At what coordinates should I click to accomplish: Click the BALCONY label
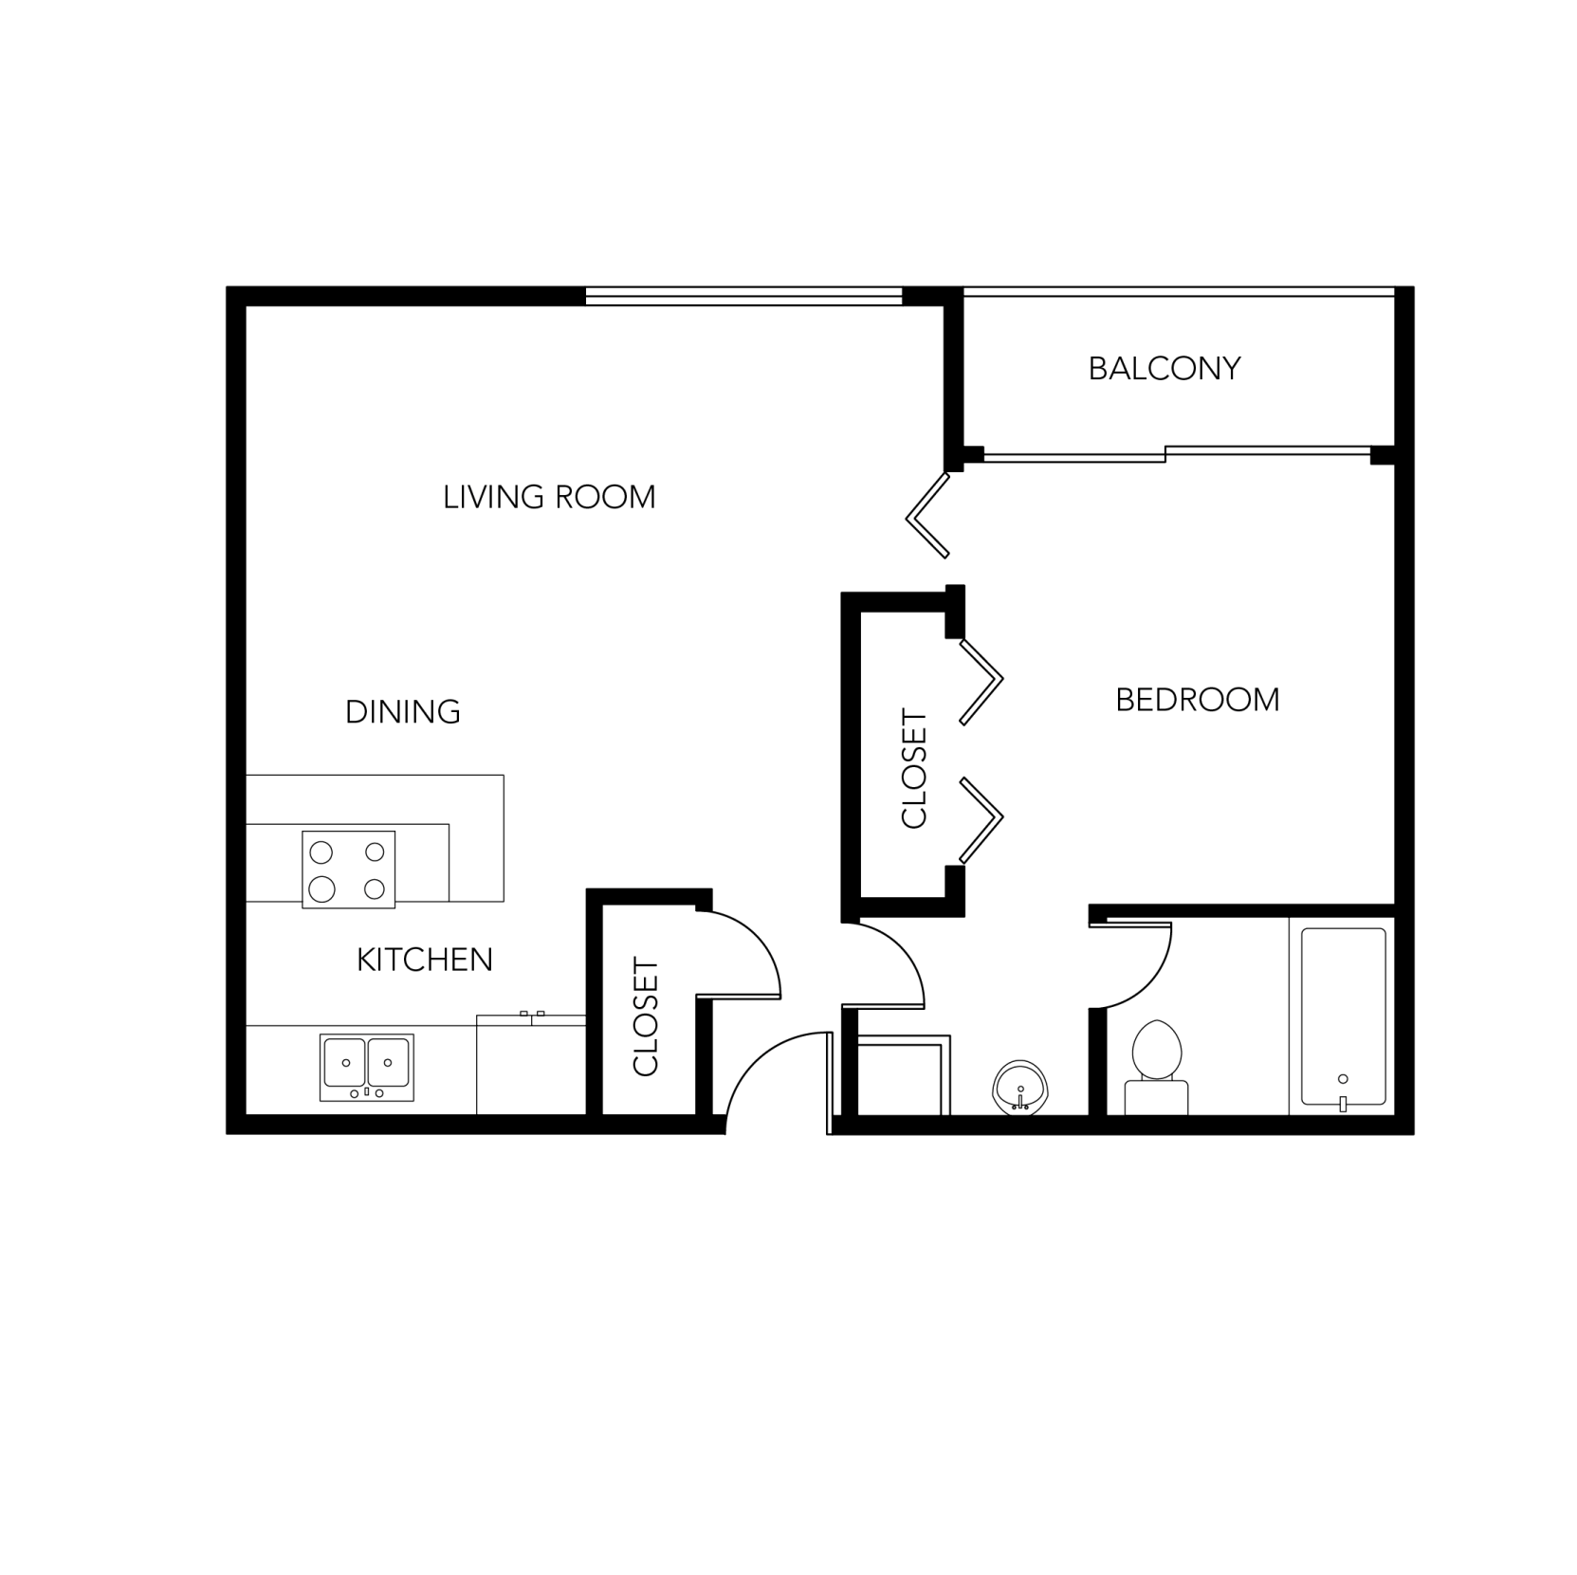[1164, 368]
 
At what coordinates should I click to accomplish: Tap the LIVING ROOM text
[549, 497]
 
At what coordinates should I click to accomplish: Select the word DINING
[403, 711]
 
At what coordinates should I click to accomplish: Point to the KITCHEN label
[425, 960]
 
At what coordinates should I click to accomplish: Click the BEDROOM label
[1198, 700]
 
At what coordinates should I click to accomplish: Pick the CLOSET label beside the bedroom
[914, 769]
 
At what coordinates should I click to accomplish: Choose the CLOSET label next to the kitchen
[646, 1016]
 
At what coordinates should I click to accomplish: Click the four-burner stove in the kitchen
[348, 870]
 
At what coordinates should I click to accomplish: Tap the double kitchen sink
[367, 1067]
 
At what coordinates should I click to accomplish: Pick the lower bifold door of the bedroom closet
[982, 819]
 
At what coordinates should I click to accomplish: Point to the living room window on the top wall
[743, 296]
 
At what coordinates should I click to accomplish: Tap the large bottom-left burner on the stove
[322, 888]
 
